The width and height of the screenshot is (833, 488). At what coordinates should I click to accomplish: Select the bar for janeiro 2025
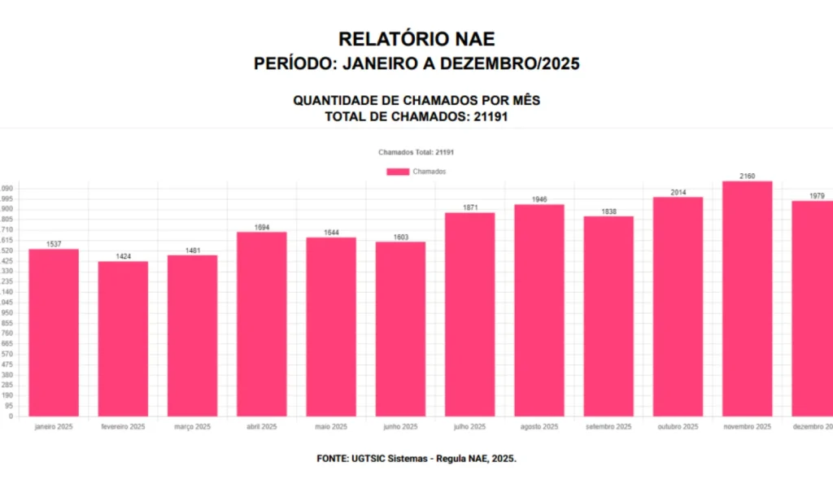[x=54, y=333]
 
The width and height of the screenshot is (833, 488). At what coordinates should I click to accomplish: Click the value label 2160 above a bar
[x=747, y=176]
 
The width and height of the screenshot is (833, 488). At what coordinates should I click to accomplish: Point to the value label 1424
[x=123, y=256]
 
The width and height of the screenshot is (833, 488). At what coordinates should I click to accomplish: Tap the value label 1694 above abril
[x=261, y=228]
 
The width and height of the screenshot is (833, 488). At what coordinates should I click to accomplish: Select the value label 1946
[x=539, y=199]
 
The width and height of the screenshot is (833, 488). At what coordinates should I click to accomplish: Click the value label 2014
[x=678, y=193]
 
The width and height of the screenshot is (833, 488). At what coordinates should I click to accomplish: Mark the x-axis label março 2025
[x=192, y=427]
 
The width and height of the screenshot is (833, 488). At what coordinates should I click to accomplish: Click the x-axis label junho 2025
[x=400, y=427]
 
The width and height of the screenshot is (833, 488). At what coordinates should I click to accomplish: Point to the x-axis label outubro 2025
[x=678, y=427]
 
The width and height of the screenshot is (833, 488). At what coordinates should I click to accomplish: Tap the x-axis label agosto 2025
[x=539, y=427]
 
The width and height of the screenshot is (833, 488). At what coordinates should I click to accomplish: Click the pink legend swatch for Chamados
[x=398, y=172]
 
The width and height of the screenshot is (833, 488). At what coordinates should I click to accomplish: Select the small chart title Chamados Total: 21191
[x=416, y=152]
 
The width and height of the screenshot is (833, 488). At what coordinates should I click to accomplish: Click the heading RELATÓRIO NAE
[x=416, y=38]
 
